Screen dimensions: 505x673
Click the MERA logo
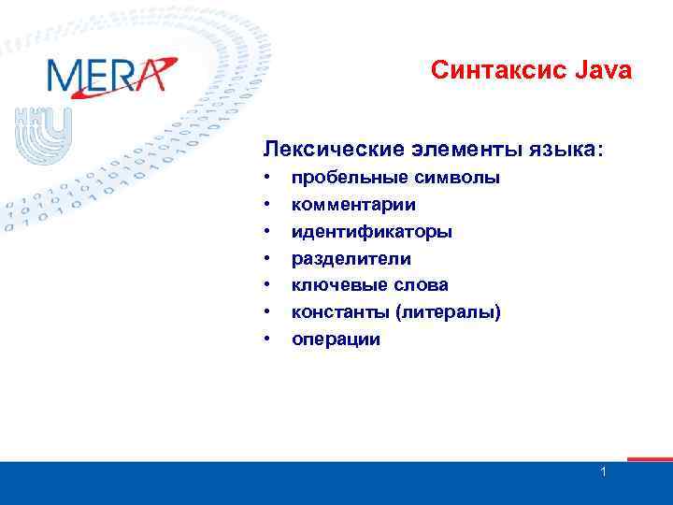(x=110, y=76)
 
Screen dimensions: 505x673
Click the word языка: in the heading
(x=564, y=150)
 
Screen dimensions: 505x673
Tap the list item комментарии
(x=353, y=204)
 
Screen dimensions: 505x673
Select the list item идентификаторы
(x=372, y=231)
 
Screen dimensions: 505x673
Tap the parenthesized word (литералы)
(x=446, y=312)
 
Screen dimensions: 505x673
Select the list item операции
(x=336, y=339)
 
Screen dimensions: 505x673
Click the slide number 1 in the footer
(x=604, y=472)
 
